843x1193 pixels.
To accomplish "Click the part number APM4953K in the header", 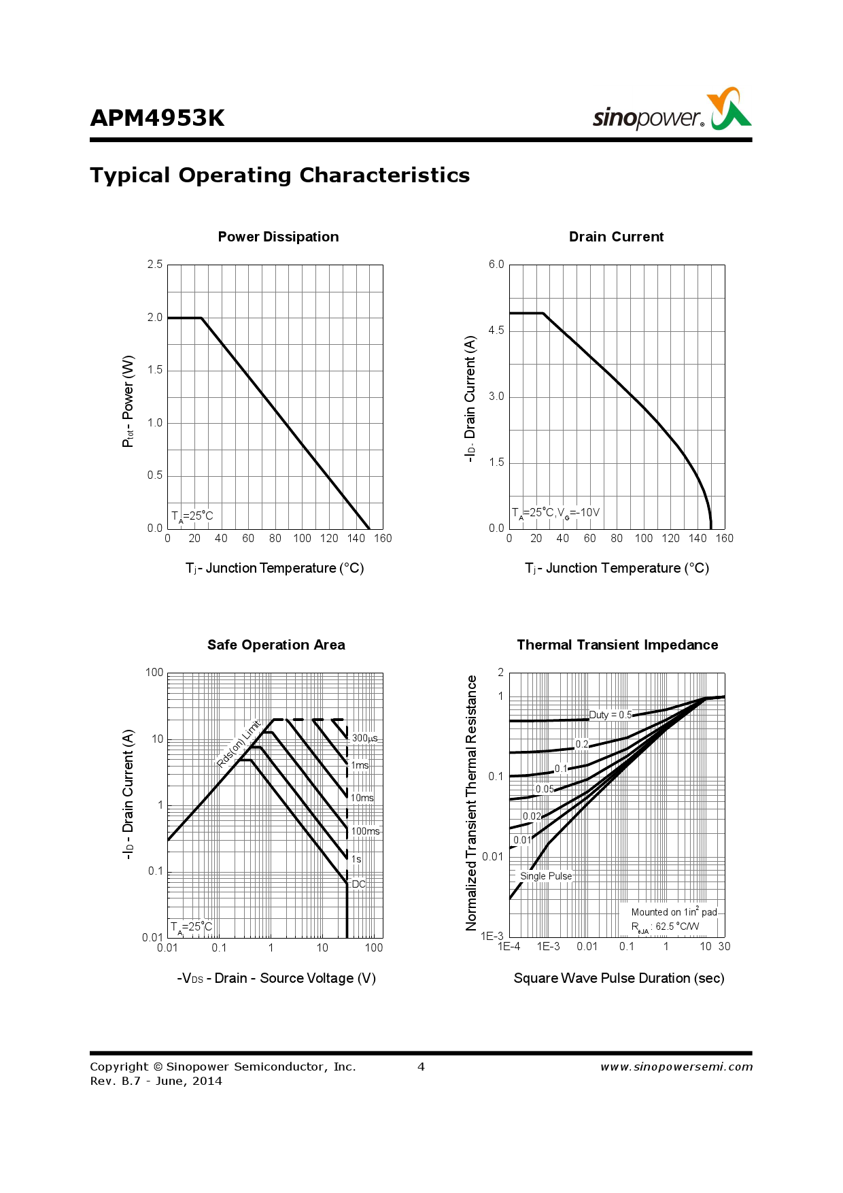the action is (157, 118).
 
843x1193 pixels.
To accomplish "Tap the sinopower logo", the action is (672, 110).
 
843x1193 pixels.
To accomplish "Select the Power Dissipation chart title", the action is (278, 237).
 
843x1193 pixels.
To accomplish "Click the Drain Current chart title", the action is (616, 237).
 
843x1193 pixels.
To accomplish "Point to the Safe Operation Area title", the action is (276, 645).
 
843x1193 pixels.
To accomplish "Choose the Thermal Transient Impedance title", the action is (617, 645).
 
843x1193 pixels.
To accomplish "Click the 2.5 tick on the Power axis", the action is (155, 265).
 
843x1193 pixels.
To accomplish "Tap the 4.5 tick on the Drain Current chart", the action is (496, 331).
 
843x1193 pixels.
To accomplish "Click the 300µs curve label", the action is (364, 738).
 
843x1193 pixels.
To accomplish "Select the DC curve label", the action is (359, 884).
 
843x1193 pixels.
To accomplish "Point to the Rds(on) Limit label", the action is (239, 744).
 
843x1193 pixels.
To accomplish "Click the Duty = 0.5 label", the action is (610, 715).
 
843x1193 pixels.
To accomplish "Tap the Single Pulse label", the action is (546, 876).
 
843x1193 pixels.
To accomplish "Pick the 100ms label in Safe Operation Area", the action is (366, 831).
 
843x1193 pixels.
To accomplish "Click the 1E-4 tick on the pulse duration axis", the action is (509, 947).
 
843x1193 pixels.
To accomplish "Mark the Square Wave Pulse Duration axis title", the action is (619, 978).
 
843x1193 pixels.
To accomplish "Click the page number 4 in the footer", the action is (421, 1066).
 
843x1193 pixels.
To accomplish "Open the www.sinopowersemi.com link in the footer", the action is (676, 1066).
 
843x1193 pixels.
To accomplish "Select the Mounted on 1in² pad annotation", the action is (674, 912).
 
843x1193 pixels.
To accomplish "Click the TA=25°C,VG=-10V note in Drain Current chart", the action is (555, 513).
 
